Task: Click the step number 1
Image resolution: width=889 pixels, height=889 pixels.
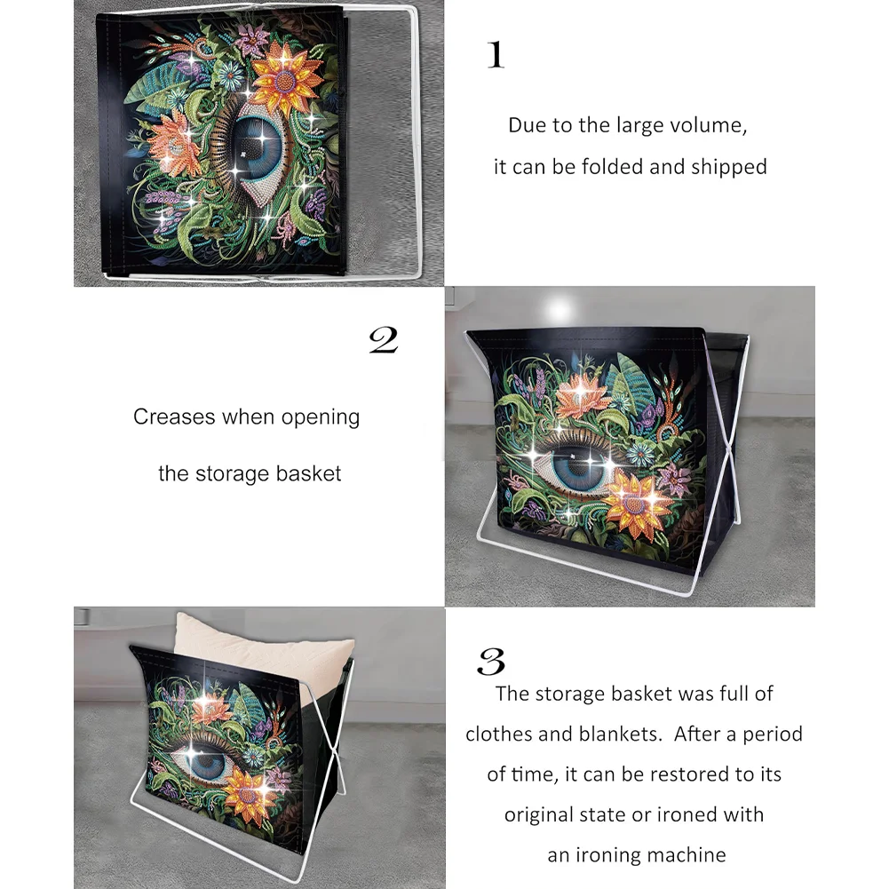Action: pos(496,55)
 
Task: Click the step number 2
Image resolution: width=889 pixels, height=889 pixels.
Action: pos(383,340)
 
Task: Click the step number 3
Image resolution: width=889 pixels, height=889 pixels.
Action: pos(491,662)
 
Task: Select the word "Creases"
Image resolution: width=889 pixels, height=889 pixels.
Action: pos(174,417)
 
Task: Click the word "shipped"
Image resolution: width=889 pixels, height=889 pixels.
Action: pos(730,166)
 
